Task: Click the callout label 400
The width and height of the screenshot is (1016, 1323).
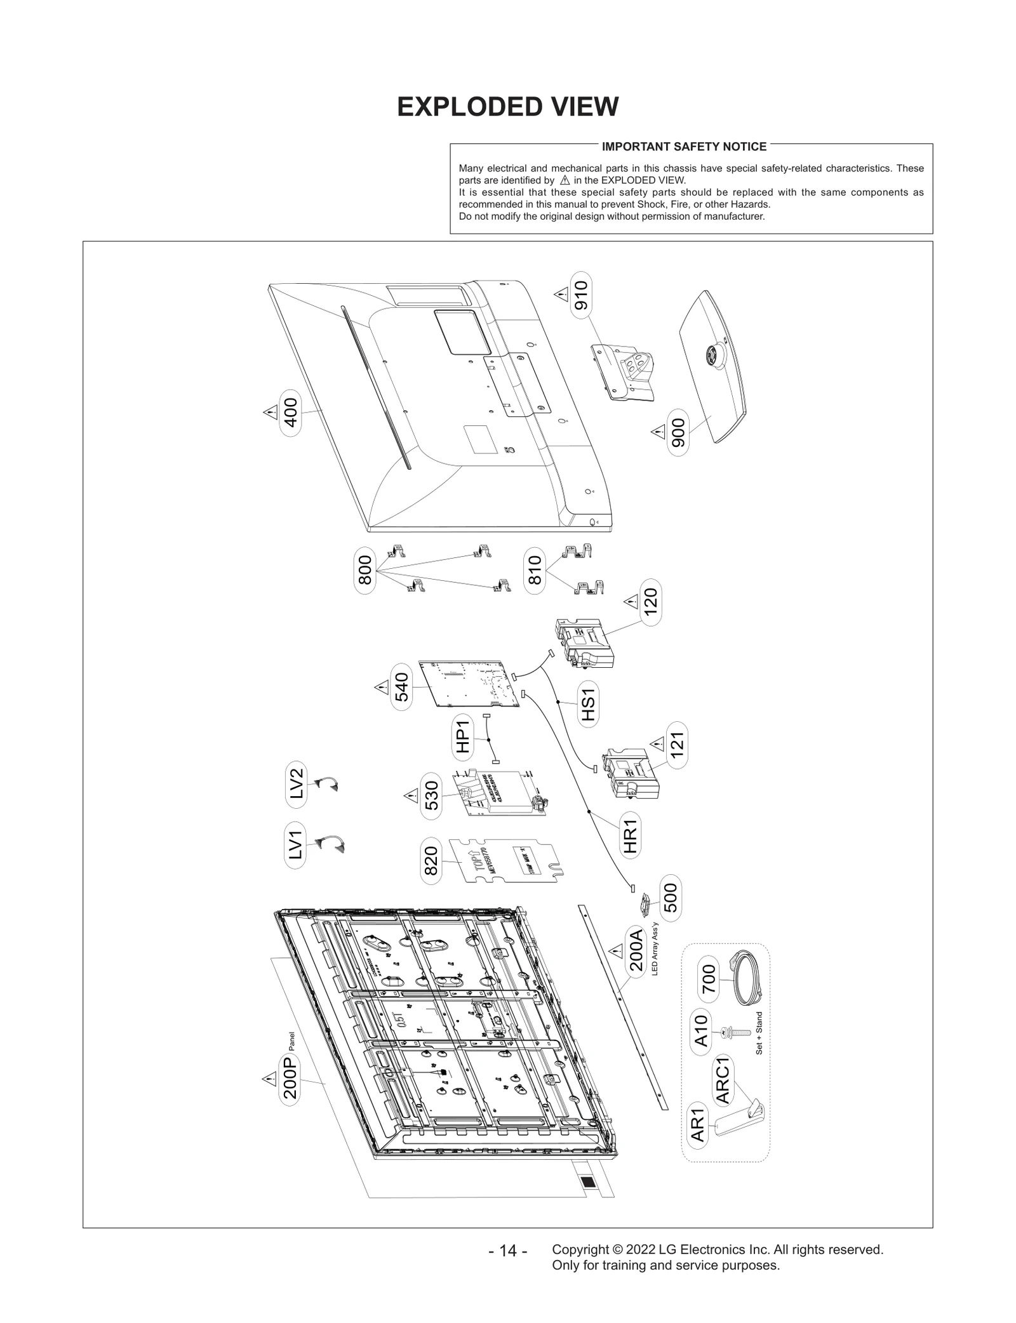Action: (x=290, y=413)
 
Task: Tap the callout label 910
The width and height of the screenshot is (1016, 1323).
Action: (x=580, y=295)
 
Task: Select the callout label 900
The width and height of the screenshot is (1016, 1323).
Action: (x=678, y=433)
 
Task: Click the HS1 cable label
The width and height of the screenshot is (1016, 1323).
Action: (x=588, y=704)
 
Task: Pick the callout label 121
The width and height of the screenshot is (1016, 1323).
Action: (x=677, y=745)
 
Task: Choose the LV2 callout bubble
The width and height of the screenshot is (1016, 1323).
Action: (x=297, y=784)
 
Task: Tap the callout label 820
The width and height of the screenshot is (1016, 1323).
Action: (x=431, y=861)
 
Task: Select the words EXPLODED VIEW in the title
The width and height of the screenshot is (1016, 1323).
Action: (x=507, y=107)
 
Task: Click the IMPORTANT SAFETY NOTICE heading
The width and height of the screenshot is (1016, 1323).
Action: (x=684, y=147)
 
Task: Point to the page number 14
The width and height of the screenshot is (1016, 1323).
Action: (x=507, y=1251)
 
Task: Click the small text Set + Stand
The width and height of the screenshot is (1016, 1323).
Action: (x=759, y=1034)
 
